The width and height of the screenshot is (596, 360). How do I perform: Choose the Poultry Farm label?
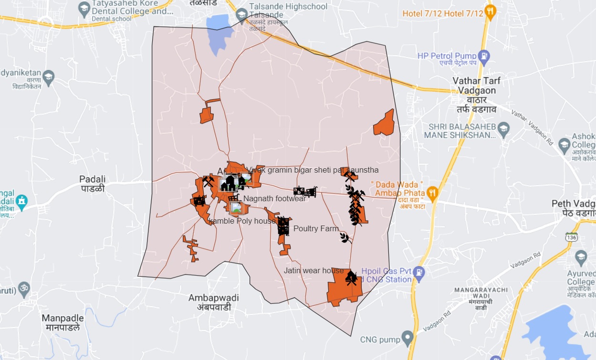[x=316, y=229]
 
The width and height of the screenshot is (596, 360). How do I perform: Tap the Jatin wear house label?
[x=314, y=270]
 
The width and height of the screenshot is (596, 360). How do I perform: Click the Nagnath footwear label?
[x=274, y=199]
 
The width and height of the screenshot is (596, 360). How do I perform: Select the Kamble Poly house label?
[x=242, y=221]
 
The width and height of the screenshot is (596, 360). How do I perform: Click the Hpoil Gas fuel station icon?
[x=418, y=272]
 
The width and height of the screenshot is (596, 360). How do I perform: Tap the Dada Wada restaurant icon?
[x=432, y=192]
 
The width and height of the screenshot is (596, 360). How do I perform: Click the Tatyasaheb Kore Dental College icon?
[x=84, y=8]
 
